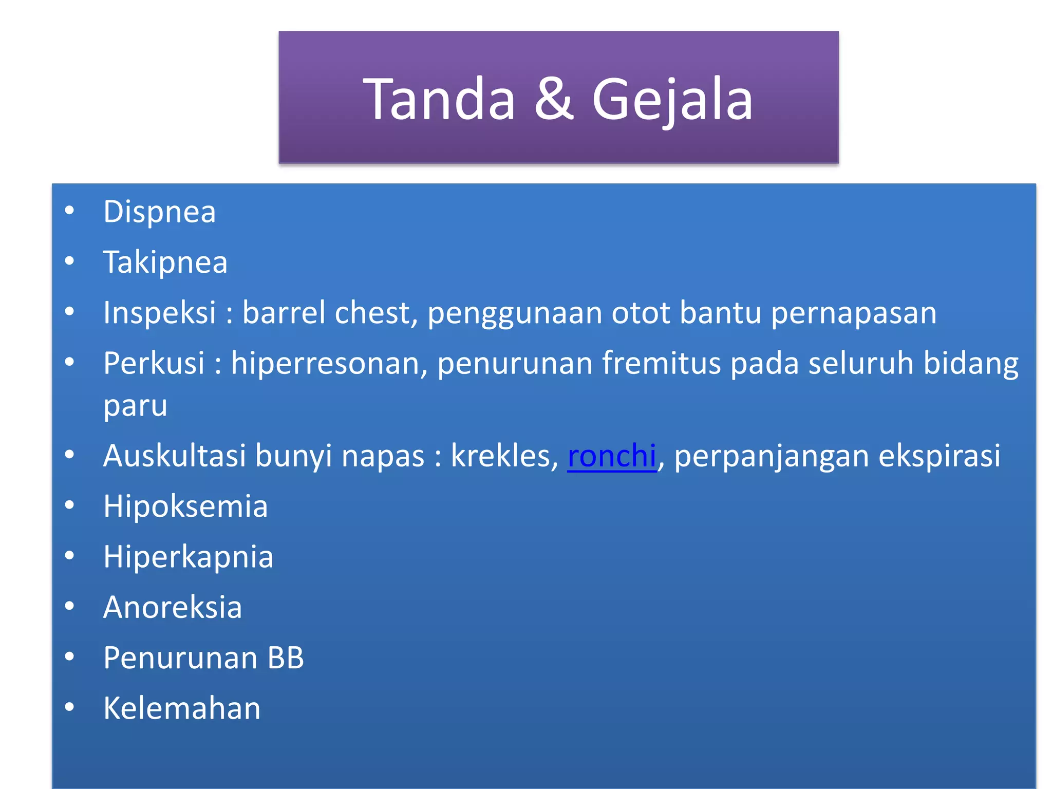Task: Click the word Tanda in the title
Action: (x=439, y=99)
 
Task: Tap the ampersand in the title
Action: (x=553, y=99)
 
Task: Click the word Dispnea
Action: (x=159, y=212)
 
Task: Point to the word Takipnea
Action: (x=165, y=262)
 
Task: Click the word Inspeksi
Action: (x=159, y=313)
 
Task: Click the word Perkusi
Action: (x=154, y=363)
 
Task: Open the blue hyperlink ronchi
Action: (x=612, y=456)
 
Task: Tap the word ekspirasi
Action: (x=939, y=456)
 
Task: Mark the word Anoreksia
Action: (x=173, y=607)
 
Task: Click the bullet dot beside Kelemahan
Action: (x=69, y=707)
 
